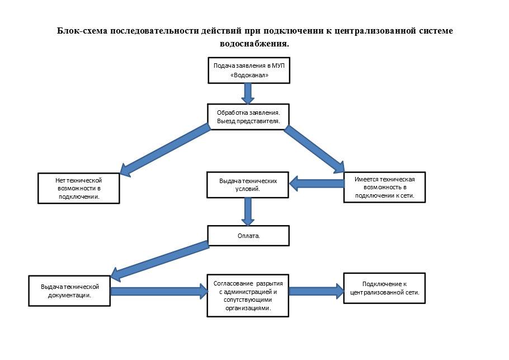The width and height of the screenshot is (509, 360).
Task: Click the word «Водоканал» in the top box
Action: (249, 75)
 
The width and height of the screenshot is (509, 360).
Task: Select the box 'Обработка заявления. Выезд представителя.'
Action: (248, 117)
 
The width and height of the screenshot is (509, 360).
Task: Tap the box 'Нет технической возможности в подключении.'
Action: (79, 189)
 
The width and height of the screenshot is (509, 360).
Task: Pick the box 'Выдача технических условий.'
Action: (248, 185)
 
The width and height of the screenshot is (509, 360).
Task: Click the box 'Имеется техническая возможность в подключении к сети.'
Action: (385, 188)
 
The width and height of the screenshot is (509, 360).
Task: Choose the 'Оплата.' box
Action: (248, 236)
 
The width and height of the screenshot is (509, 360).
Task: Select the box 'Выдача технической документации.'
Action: (69, 291)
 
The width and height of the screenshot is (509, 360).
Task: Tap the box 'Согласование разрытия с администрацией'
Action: (248, 296)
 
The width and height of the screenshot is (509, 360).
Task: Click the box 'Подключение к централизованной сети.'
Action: (384, 288)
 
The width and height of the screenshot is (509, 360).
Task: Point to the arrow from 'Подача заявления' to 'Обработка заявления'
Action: (248, 93)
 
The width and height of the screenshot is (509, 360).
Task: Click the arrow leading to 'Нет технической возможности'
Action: (165, 150)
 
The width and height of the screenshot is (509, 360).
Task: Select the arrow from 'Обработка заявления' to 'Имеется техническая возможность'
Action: (314, 149)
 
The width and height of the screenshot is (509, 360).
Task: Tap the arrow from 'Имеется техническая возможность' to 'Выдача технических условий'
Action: (317, 184)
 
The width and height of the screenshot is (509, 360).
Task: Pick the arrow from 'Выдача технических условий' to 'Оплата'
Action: (248, 212)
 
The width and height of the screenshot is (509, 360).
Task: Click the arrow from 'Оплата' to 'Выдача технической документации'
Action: (160, 261)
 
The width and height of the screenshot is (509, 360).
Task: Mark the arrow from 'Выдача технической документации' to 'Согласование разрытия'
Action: (159, 291)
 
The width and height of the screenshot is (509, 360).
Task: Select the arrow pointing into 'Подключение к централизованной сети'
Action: (317, 291)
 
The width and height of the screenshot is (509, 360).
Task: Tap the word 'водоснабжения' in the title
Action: (254, 44)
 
